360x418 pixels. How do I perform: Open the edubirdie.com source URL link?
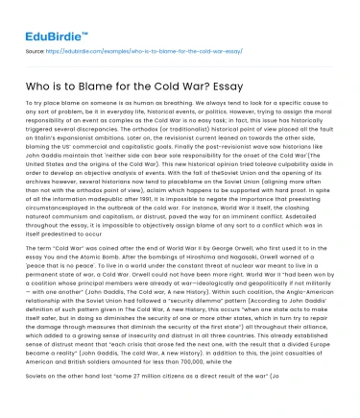[132, 44]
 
